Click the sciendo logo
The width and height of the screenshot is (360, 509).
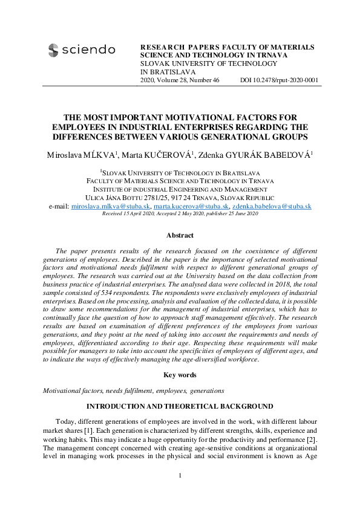click(81, 50)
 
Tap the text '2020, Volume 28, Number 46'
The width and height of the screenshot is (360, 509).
click(180, 80)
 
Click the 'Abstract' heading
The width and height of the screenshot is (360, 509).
click(180, 236)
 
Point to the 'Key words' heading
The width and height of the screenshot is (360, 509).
click(180, 375)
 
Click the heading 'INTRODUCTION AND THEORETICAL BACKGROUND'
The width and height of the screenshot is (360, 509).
click(180, 406)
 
